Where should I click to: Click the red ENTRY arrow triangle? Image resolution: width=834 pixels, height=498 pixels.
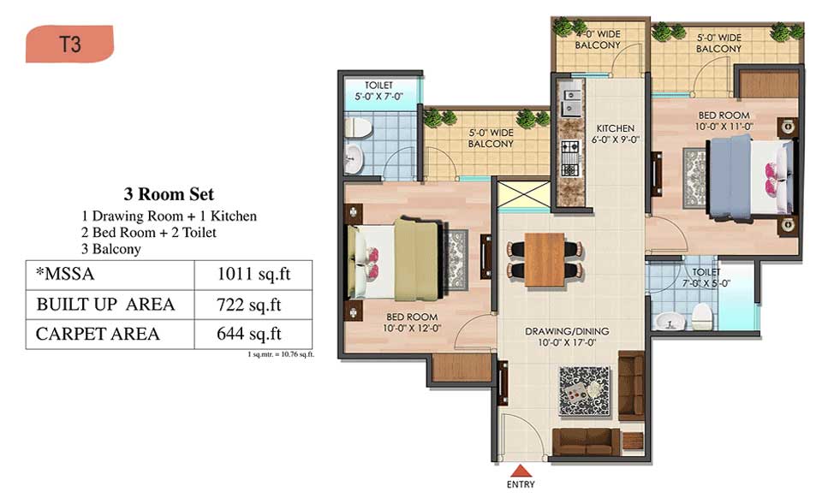(521, 471)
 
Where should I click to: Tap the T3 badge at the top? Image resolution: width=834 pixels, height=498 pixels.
(69, 44)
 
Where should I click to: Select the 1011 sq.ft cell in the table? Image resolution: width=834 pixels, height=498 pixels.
(253, 275)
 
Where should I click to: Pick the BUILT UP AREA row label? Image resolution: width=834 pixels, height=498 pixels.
(105, 305)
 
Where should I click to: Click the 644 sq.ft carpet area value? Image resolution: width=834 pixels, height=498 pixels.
(249, 334)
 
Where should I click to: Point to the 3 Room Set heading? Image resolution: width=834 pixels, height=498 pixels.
(170, 194)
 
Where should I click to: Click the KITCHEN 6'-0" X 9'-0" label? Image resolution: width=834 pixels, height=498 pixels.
(616, 134)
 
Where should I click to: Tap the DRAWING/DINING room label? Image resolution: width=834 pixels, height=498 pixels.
(567, 337)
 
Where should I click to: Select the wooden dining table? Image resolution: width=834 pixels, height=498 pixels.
(545, 259)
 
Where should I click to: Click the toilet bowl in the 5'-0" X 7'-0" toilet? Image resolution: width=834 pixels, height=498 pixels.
(357, 128)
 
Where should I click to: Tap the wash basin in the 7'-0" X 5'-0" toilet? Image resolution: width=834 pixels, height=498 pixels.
(669, 322)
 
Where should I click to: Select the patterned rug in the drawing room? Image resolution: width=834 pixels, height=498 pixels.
(584, 391)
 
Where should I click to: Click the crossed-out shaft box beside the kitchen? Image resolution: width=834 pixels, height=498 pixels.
(524, 196)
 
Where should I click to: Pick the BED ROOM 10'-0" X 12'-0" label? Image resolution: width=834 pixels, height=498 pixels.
(412, 323)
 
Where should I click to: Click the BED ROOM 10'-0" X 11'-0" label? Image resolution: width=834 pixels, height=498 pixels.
(724, 121)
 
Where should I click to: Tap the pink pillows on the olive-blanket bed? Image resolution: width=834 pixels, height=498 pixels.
(372, 263)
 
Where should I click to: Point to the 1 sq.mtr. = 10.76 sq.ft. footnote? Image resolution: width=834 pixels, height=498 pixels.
(280, 354)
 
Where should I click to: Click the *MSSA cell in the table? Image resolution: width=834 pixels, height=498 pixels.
(65, 275)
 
